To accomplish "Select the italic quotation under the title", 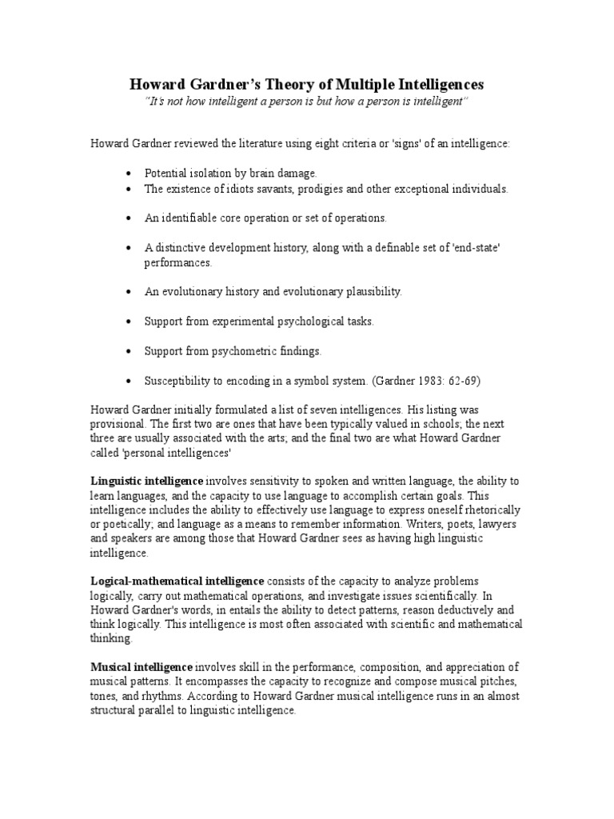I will [x=307, y=102].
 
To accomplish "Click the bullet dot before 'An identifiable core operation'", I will [x=130, y=218].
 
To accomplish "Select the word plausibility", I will [x=369, y=291].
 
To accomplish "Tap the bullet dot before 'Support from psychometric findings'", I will [x=130, y=350].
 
